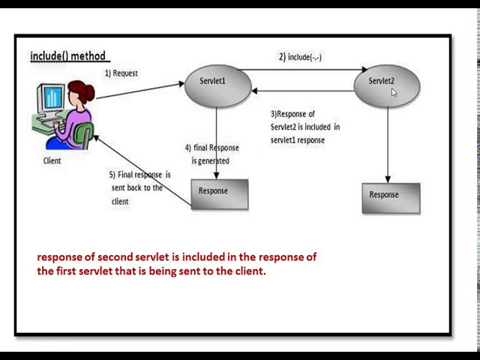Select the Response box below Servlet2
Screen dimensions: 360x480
click(x=391, y=197)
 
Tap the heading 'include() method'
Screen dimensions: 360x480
click(x=69, y=56)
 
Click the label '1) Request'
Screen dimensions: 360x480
click(x=121, y=73)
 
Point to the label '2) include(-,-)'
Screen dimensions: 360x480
click(x=300, y=57)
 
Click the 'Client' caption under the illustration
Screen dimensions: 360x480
click(x=52, y=160)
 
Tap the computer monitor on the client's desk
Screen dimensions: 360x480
click(x=53, y=98)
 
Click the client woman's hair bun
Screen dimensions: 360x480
click(x=91, y=93)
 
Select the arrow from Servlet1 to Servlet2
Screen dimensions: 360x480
click(x=307, y=70)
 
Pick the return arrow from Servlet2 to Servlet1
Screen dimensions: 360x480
click(x=307, y=91)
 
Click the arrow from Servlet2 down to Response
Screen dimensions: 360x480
click(x=388, y=146)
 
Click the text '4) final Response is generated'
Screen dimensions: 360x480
click(x=211, y=154)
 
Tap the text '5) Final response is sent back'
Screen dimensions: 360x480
click(x=140, y=187)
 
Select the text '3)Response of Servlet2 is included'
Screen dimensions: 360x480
click(x=304, y=127)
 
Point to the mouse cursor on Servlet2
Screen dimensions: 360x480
click(x=394, y=92)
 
